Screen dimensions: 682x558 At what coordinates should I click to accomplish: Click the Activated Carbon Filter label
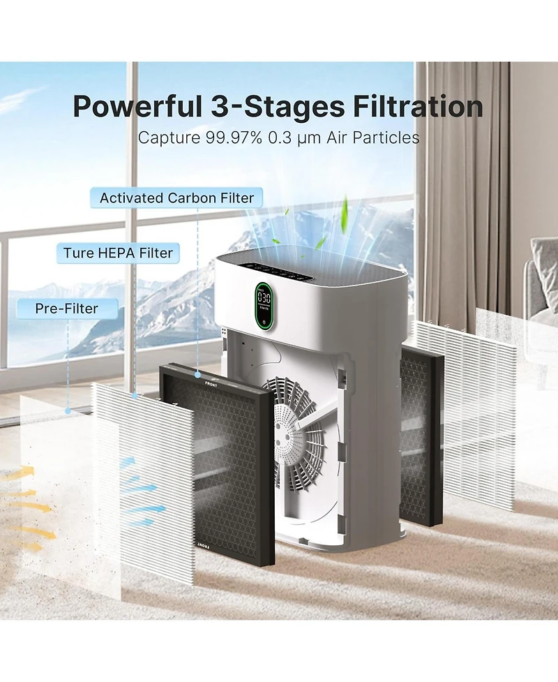click(176, 198)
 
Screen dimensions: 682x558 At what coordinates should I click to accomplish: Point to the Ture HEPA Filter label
click(118, 252)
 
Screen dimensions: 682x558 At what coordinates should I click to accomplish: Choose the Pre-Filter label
click(67, 308)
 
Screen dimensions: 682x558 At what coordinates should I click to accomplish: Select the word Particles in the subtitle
click(386, 137)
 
